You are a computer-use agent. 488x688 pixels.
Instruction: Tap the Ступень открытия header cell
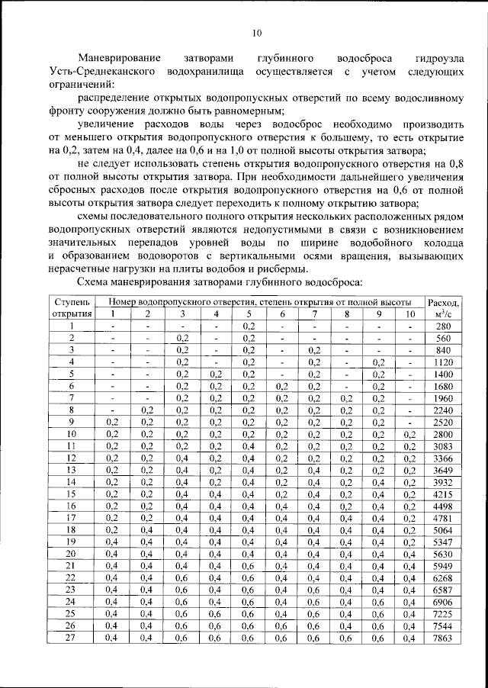(72, 307)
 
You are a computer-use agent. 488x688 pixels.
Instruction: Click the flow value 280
(444, 326)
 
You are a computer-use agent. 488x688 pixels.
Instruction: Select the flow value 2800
(444, 434)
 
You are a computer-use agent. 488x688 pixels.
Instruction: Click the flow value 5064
(444, 529)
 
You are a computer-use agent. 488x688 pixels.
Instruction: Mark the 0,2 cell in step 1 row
(249, 326)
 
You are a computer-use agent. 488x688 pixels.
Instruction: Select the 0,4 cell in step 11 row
(249, 445)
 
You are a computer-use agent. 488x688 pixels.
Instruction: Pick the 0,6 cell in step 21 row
(249, 565)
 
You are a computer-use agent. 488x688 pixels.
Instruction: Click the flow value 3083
(444, 445)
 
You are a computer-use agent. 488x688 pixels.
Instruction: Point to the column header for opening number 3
(182, 313)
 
